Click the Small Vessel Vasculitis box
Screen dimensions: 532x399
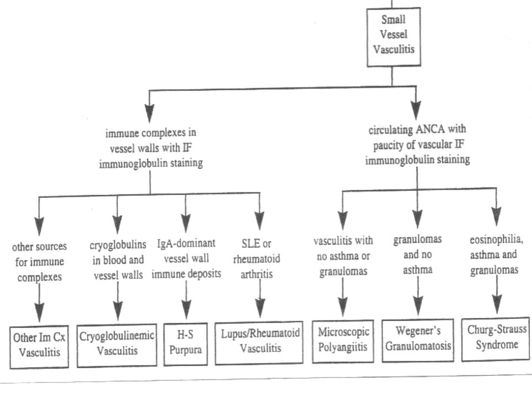393,37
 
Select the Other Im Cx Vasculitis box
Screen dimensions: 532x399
39,347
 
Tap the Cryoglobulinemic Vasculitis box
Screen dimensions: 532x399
117,345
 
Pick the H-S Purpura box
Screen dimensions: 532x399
186,344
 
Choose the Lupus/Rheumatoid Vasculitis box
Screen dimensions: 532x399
259,342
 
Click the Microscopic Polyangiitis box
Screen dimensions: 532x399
343,341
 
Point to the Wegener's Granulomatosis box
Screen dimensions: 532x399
418,340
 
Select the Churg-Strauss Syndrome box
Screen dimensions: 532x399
495,339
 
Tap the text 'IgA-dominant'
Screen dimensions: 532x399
186,243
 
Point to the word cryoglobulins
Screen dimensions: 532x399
117,244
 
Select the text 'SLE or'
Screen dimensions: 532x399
257,243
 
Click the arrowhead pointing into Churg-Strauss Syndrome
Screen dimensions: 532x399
497,304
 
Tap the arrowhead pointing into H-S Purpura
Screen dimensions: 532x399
186,309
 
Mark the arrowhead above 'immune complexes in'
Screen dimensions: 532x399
149,113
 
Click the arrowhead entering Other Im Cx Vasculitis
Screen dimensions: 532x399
39,312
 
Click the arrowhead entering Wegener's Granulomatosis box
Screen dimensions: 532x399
418,306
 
